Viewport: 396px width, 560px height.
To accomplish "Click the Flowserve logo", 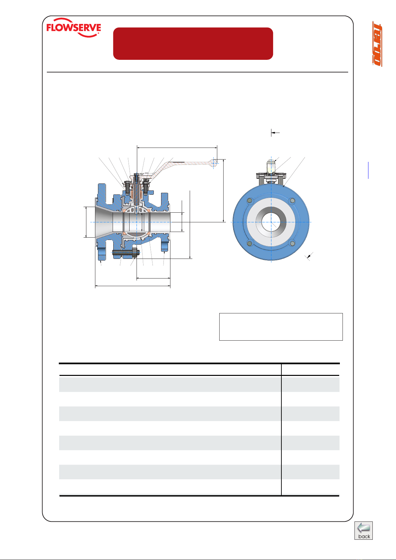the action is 74,28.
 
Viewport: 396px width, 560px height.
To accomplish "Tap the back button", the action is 363,530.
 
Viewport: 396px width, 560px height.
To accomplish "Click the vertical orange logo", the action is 377,44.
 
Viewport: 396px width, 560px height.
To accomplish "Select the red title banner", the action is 193,44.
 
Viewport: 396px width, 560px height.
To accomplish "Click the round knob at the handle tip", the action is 214,163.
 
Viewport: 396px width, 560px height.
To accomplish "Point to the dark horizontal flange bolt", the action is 126,253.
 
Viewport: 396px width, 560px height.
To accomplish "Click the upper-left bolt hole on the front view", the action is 250,201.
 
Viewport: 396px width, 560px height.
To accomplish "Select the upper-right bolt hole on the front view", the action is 292,201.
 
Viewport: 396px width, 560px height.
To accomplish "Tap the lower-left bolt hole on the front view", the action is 250,243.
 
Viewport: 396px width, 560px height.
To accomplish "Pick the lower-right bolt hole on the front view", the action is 292,243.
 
